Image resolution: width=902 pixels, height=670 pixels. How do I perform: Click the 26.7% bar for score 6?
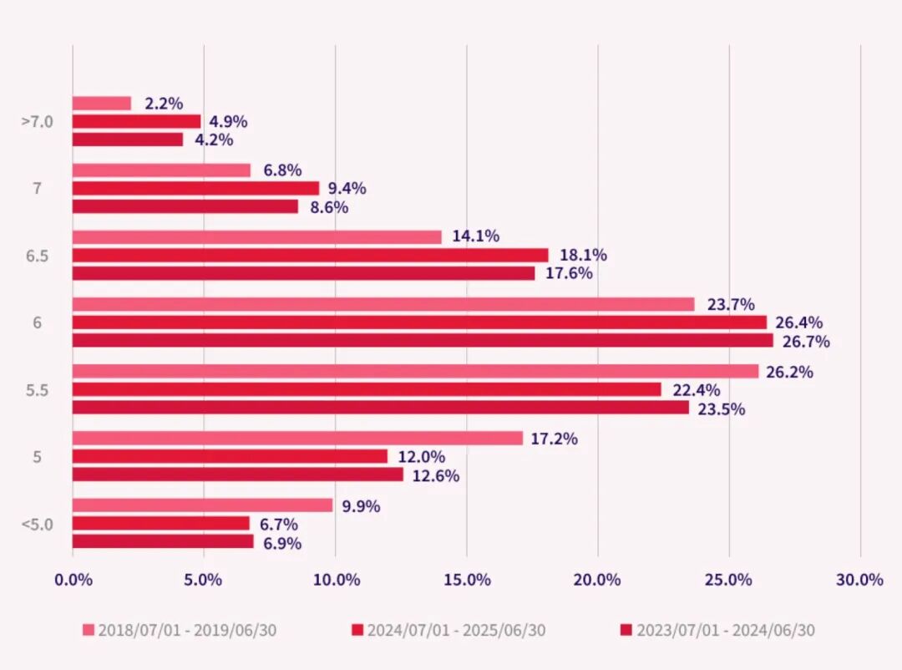click(423, 341)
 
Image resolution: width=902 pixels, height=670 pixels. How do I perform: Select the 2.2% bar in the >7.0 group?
click(102, 104)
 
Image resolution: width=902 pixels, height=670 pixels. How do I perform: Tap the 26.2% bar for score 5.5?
click(415, 371)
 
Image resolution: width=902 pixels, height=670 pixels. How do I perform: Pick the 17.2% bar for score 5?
click(297, 438)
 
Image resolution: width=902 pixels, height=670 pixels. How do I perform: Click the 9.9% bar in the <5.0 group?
click(202, 505)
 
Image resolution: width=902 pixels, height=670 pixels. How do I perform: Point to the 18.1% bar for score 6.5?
click(310, 255)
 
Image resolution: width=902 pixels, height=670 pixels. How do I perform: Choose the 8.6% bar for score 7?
click(185, 206)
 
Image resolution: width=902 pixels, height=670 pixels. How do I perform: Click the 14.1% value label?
click(476, 236)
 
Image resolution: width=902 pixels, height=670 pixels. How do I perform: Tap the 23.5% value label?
click(722, 409)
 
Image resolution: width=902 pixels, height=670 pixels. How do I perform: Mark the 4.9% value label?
click(228, 122)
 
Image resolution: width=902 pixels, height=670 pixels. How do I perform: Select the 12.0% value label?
click(421, 457)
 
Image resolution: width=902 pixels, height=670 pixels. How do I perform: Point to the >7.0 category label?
click(37, 122)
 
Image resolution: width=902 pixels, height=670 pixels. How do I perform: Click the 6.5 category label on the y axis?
click(37, 256)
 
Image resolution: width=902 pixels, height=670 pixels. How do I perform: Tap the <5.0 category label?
click(37, 525)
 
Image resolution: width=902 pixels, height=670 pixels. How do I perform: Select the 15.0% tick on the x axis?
click(467, 580)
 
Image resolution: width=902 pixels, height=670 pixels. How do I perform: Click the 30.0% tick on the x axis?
click(859, 580)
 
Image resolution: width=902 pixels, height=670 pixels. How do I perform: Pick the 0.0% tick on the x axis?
click(73, 580)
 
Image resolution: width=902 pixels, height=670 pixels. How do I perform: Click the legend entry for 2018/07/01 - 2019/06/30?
click(180, 630)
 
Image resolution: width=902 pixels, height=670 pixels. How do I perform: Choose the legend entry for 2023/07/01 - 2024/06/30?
click(717, 630)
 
